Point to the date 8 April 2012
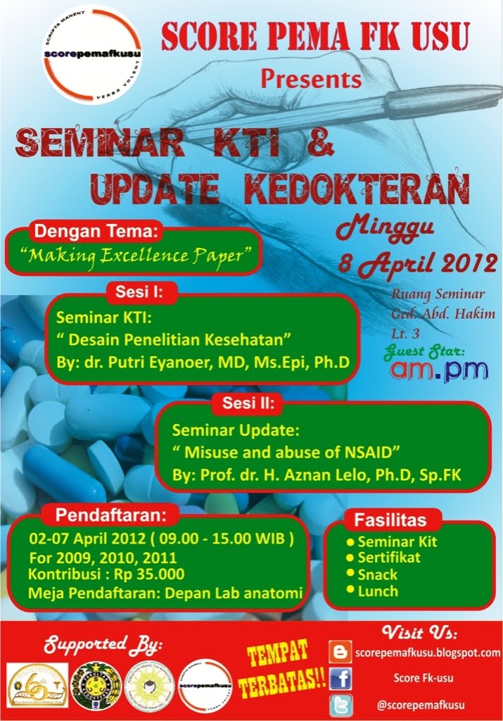(417, 263)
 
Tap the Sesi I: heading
(144, 291)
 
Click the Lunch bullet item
(377, 591)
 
